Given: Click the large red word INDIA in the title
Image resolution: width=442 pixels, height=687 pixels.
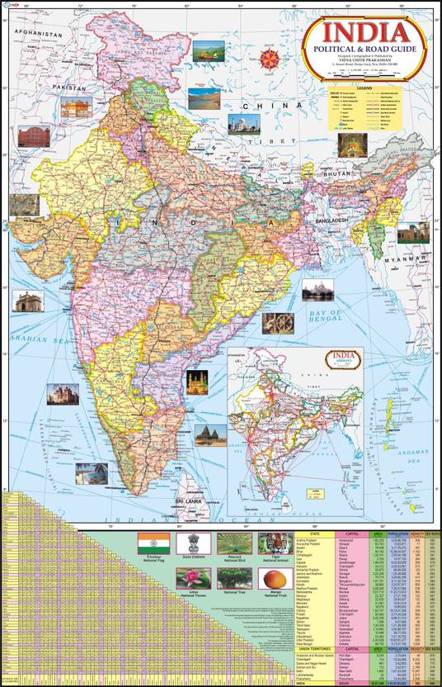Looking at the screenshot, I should [x=364, y=34].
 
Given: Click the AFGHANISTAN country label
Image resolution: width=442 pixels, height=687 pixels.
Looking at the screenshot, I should [x=38, y=36].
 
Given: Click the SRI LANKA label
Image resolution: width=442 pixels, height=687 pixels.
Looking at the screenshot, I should [x=188, y=500].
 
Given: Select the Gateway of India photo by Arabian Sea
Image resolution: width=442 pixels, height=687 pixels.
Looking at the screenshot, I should [x=26, y=301].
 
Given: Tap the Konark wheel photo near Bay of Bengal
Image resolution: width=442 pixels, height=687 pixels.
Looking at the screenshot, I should [x=277, y=323].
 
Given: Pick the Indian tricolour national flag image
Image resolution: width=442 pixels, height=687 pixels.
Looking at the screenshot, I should [x=153, y=544].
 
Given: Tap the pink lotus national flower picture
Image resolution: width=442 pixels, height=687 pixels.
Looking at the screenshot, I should [x=193, y=579].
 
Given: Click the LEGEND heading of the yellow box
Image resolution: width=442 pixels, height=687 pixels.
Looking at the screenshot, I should [x=365, y=87].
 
